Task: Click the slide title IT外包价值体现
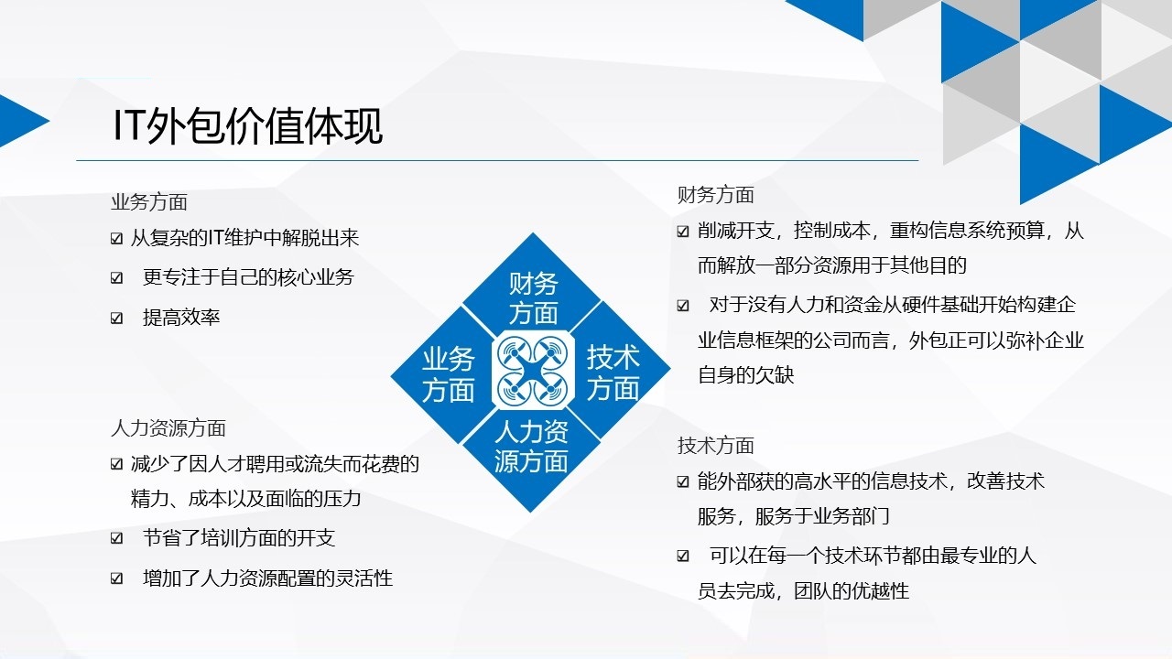pos(247,126)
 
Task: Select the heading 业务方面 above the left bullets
pos(149,202)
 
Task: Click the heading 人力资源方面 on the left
pos(168,428)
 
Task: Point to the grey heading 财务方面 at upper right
pos(716,195)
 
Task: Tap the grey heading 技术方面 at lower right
pos(716,446)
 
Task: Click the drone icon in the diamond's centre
pos(533,371)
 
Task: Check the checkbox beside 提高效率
pos(116,318)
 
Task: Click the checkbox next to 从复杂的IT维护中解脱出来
pos(116,239)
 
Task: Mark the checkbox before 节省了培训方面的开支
pos(116,538)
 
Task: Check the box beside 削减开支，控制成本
pos(683,232)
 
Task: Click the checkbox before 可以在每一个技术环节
pos(683,556)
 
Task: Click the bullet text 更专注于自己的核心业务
pos(248,277)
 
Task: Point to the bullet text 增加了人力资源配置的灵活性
pos(268,578)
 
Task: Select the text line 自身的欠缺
pos(745,375)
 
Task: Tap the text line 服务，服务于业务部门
pos(793,516)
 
